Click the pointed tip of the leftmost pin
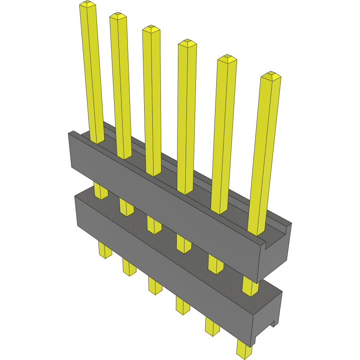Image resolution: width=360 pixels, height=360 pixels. (88, 4)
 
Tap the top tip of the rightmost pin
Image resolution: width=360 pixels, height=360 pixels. (271, 75)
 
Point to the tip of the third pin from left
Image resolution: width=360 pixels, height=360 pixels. (151, 29)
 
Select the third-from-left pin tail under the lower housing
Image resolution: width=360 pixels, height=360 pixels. (155, 285)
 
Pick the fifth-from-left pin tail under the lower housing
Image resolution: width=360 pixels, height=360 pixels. (212, 326)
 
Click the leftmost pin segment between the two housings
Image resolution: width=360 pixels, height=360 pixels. (101, 191)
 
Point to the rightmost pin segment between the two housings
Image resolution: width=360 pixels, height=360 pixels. (250, 285)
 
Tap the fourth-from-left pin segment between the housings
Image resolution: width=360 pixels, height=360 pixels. (183, 243)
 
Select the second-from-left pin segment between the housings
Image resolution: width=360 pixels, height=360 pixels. (126, 206)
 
